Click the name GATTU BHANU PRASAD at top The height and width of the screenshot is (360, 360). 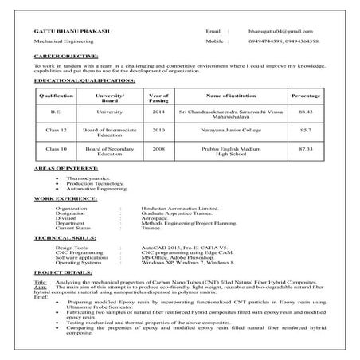[70, 29]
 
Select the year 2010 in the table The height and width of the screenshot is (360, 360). [158, 128]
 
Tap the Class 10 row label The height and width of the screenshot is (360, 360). [56, 148]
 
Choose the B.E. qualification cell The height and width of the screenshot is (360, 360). [56, 112]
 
